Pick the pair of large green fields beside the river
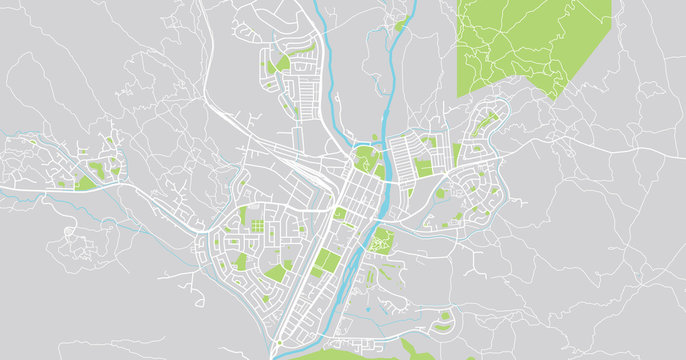324,263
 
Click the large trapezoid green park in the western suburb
240,262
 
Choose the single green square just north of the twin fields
340,213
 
